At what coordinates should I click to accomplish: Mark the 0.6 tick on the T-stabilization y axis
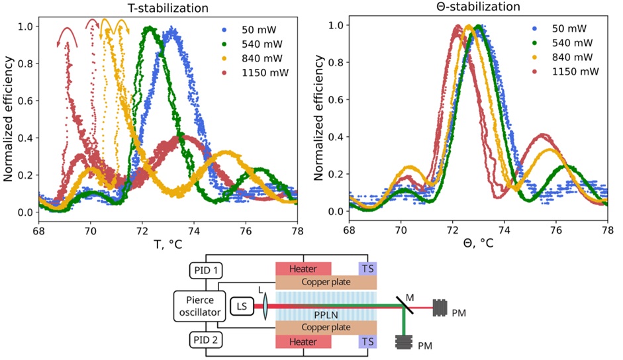coord(26,100)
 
